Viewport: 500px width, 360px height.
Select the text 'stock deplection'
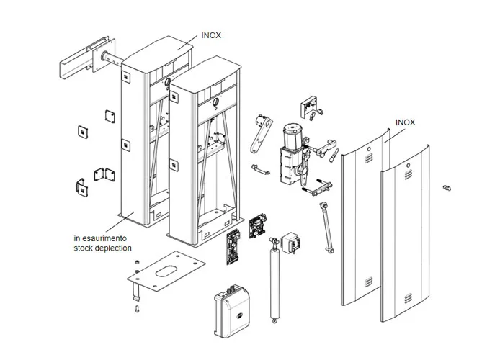[102, 248]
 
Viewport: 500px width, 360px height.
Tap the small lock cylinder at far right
[447, 188]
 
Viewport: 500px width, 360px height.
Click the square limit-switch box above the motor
[312, 106]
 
